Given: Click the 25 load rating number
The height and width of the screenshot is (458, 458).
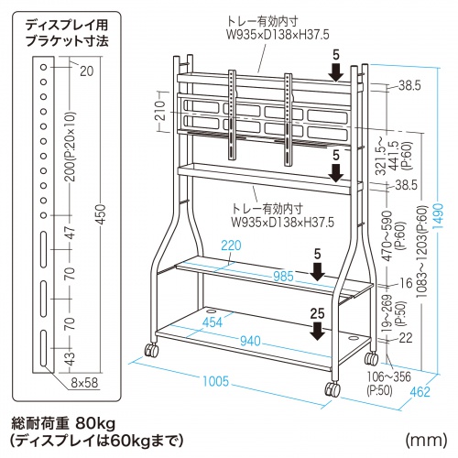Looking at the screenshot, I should coord(317,313).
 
